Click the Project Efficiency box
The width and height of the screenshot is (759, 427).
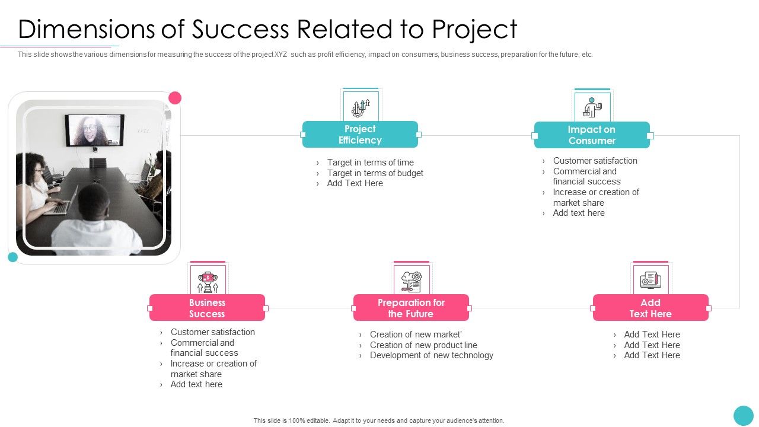[360, 135]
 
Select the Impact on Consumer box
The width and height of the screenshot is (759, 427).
[592, 135]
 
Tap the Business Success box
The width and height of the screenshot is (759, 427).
[207, 308]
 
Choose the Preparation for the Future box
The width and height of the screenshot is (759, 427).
[411, 308]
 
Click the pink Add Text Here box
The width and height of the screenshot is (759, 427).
[650, 308]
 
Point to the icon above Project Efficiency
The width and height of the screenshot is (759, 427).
[361, 107]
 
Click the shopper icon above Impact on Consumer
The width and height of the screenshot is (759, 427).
[592, 107]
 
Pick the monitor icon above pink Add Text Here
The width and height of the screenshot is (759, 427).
[650, 280]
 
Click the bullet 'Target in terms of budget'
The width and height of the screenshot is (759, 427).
[375, 173]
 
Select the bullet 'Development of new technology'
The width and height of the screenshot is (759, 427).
[431, 355]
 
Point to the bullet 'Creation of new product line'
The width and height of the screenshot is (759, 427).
[423, 345]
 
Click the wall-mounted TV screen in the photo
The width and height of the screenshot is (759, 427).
[94, 130]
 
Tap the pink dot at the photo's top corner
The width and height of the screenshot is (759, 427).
[175, 98]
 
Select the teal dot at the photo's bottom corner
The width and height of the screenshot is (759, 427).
[12, 257]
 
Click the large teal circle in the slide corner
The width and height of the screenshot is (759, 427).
[743, 415]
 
